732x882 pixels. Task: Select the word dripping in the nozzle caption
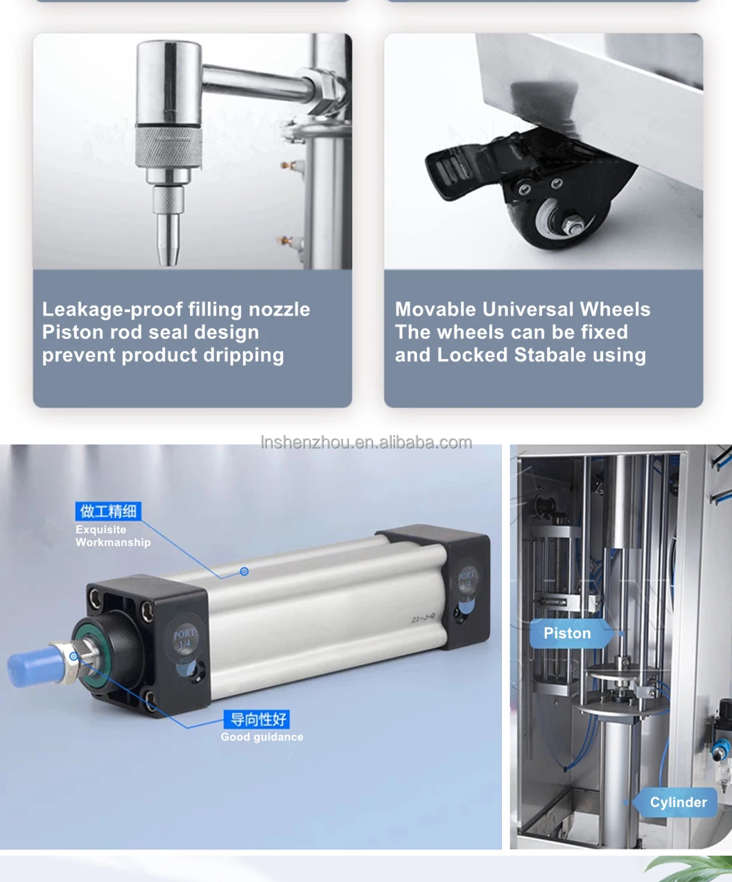(243, 356)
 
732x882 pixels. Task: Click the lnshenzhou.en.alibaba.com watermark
(366, 442)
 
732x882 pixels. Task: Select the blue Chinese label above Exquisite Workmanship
(107, 512)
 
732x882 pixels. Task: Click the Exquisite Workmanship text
(112, 536)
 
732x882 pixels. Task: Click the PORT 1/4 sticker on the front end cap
(184, 639)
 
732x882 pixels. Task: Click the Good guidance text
(262, 737)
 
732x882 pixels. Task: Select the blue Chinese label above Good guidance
(257, 719)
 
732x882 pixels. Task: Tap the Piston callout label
(567, 633)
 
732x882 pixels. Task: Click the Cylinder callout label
(678, 802)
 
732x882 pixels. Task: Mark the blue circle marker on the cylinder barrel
(244, 571)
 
